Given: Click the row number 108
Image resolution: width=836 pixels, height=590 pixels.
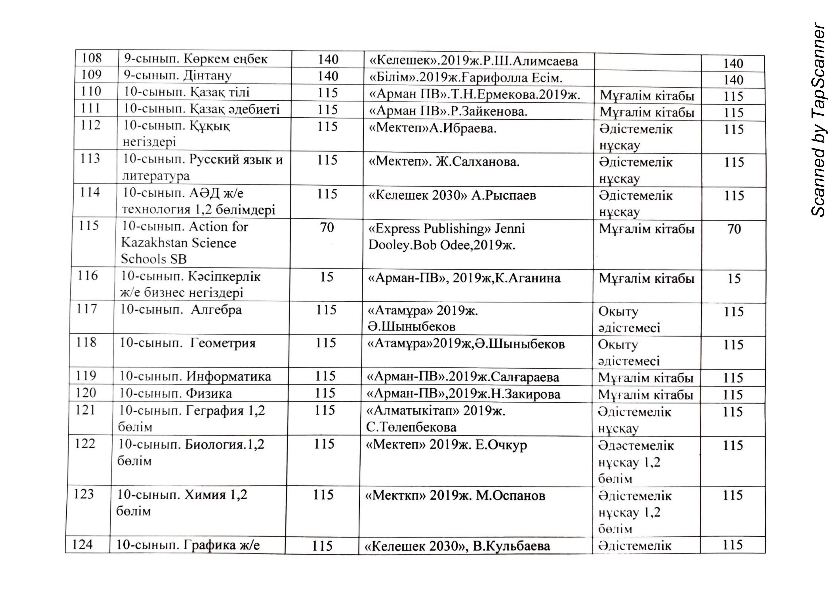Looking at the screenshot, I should (x=91, y=58).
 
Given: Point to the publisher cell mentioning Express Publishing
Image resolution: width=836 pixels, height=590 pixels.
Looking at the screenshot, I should (x=446, y=237).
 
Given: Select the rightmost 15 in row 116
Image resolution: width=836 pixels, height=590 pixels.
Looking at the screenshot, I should (x=734, y=279).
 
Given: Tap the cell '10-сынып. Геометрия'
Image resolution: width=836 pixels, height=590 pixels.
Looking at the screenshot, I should (x=188, y=343).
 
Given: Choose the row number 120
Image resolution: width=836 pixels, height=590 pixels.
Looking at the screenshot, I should (x=86, y=393).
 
